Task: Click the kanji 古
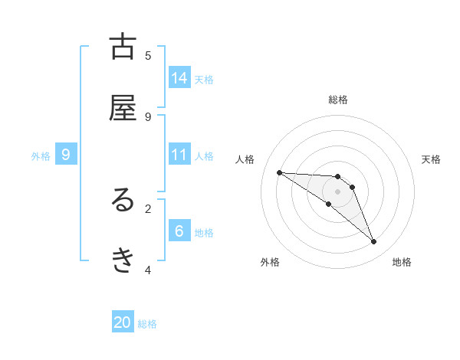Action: point(123,47)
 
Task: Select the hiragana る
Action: point(123,201)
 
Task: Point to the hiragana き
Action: point(123,261)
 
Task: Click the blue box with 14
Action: point(179,78)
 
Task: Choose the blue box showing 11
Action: point(179,155)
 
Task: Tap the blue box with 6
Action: point(179,231)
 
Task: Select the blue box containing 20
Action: point(123,322)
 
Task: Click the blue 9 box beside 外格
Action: point(66,155)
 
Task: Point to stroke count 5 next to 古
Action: point(148,55)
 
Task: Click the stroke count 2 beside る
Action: point(148,208)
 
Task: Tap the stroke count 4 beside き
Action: point(148,270)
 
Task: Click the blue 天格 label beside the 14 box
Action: point(204,79)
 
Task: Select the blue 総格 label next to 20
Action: point(147,324)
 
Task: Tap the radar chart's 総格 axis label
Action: point(338,100)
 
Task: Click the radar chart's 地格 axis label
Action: point(402,262)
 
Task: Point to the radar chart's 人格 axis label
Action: point(245,159)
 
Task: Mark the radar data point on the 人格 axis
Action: point(279,172)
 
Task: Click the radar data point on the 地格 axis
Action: point(374,242)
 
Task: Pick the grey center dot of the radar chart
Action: point(338,191)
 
